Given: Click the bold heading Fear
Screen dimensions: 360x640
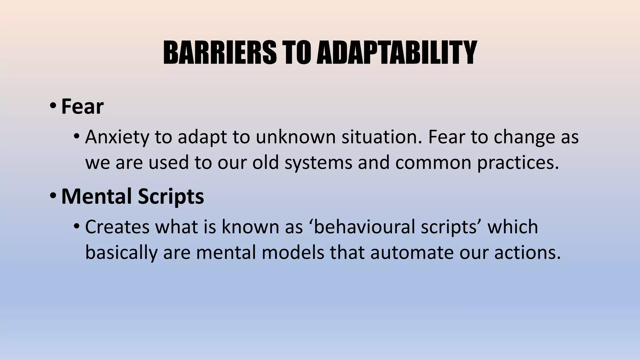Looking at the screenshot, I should tap(82, 107).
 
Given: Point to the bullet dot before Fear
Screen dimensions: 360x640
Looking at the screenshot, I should tap(53, 106).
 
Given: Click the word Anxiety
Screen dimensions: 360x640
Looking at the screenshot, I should tap(117, 137).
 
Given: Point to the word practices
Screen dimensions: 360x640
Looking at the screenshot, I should tap(518, 163).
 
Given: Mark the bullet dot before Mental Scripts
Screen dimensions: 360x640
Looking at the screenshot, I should tap(53, 196).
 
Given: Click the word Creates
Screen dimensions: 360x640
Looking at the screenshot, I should tap(117, 227).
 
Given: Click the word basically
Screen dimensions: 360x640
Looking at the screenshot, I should tap(121, 252).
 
